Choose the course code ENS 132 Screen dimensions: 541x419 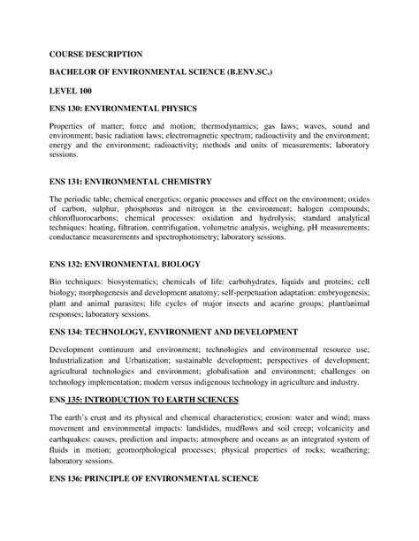click(69, 264)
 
